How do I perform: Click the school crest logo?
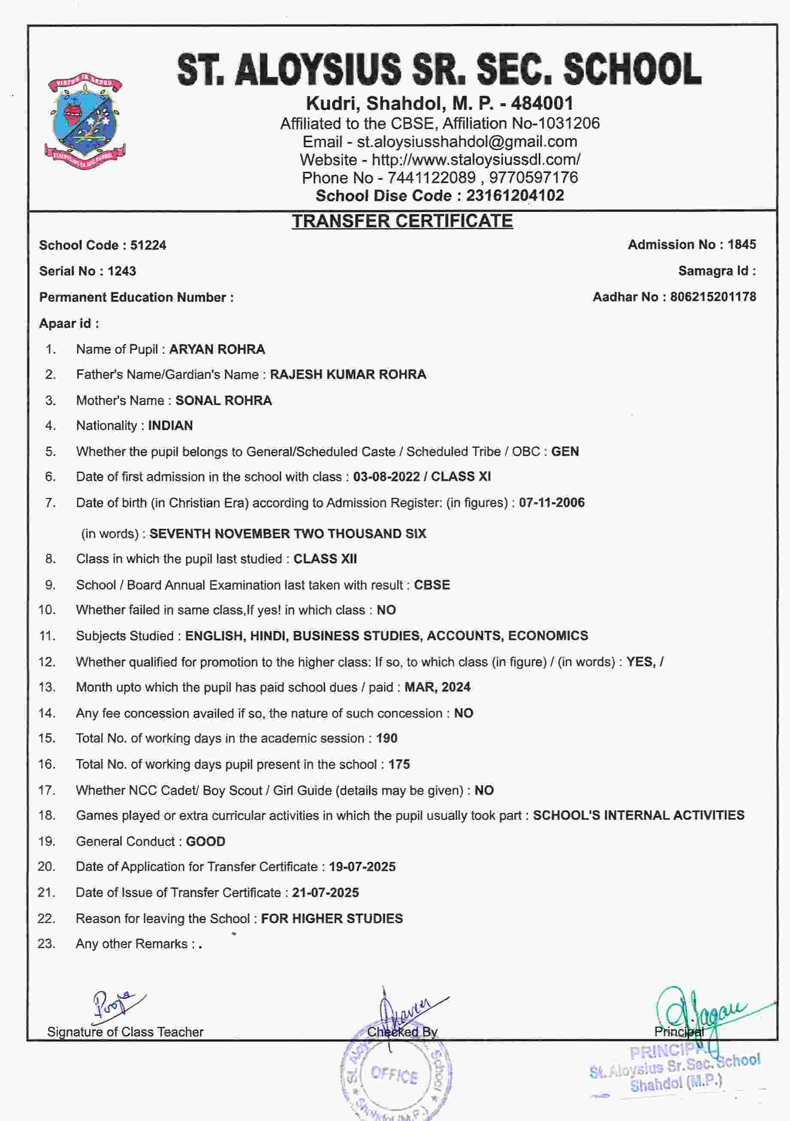pyautogui.click(x=85, y=121)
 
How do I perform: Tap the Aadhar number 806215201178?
pyautogui.click(x=713, y=297)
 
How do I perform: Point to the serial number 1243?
pyautogui.click(x=122, y=271)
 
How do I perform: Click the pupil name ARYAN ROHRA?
pyautogui.click(x=217, y=350)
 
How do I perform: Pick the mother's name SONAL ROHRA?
pyautogui.click(x=223, y=400)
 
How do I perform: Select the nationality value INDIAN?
pyautogui.click(x=170, y=426)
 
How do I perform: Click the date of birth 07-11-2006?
pyautogui.click(x=552, y=503)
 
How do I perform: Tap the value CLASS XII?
pyautogui.click(x=325, y=559)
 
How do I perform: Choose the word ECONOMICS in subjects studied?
pyautogui.click(x=548, y=636)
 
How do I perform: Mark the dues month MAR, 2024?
pyautogui.click(x=437, y=688)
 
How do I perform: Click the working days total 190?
pyautogui.click(x=386, y=738)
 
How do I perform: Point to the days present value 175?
pyautogui.click(x=399, y=765)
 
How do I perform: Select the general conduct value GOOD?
pyautogui.click(x=205, y=842)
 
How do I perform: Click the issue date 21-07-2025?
pyautogui.click(x=326, y=893)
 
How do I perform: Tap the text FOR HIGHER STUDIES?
pyautogui.click(x=332, y=919)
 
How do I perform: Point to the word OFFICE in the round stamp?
pyautogui.click(x=394, y=1075)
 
